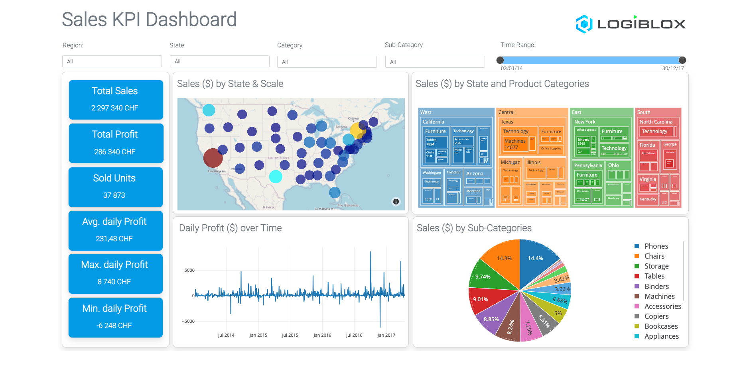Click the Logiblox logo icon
584,24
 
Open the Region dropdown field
112,61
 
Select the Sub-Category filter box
435,62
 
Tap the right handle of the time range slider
682,60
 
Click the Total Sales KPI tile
116,100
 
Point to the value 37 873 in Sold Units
114,195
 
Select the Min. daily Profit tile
116,317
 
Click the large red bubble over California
213,158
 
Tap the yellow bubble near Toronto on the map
357,130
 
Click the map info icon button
396,202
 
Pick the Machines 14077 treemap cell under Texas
514,144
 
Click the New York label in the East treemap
585,122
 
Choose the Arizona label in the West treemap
475,174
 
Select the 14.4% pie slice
536,261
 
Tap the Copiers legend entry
656,316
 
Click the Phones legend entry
656,246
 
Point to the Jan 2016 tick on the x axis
322,335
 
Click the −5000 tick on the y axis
188,321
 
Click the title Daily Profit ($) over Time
230,228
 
